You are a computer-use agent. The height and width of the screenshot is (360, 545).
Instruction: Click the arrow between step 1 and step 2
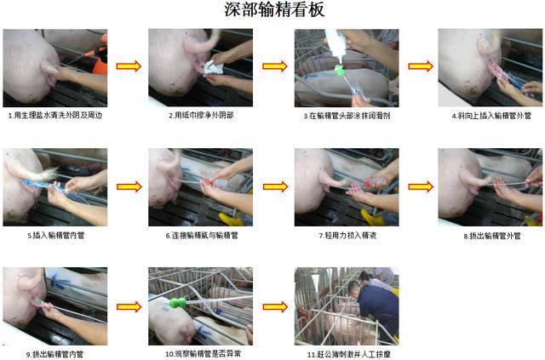coord(128,66)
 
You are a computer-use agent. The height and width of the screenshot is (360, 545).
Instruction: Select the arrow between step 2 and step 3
coord(274,66)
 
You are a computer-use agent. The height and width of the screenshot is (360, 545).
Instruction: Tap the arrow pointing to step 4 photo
coord(420,66)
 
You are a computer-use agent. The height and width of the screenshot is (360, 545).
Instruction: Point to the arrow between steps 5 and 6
coord(128,186)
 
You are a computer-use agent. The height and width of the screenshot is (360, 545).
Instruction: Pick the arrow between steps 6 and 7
coord(274,186)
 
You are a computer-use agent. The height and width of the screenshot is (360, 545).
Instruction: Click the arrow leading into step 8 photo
coord(420,186)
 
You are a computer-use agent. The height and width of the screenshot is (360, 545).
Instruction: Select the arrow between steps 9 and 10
coord(128,306)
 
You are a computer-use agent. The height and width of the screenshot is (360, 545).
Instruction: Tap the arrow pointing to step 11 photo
coord(274,306)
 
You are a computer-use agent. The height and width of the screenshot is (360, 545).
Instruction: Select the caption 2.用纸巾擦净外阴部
coord(201,115)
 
